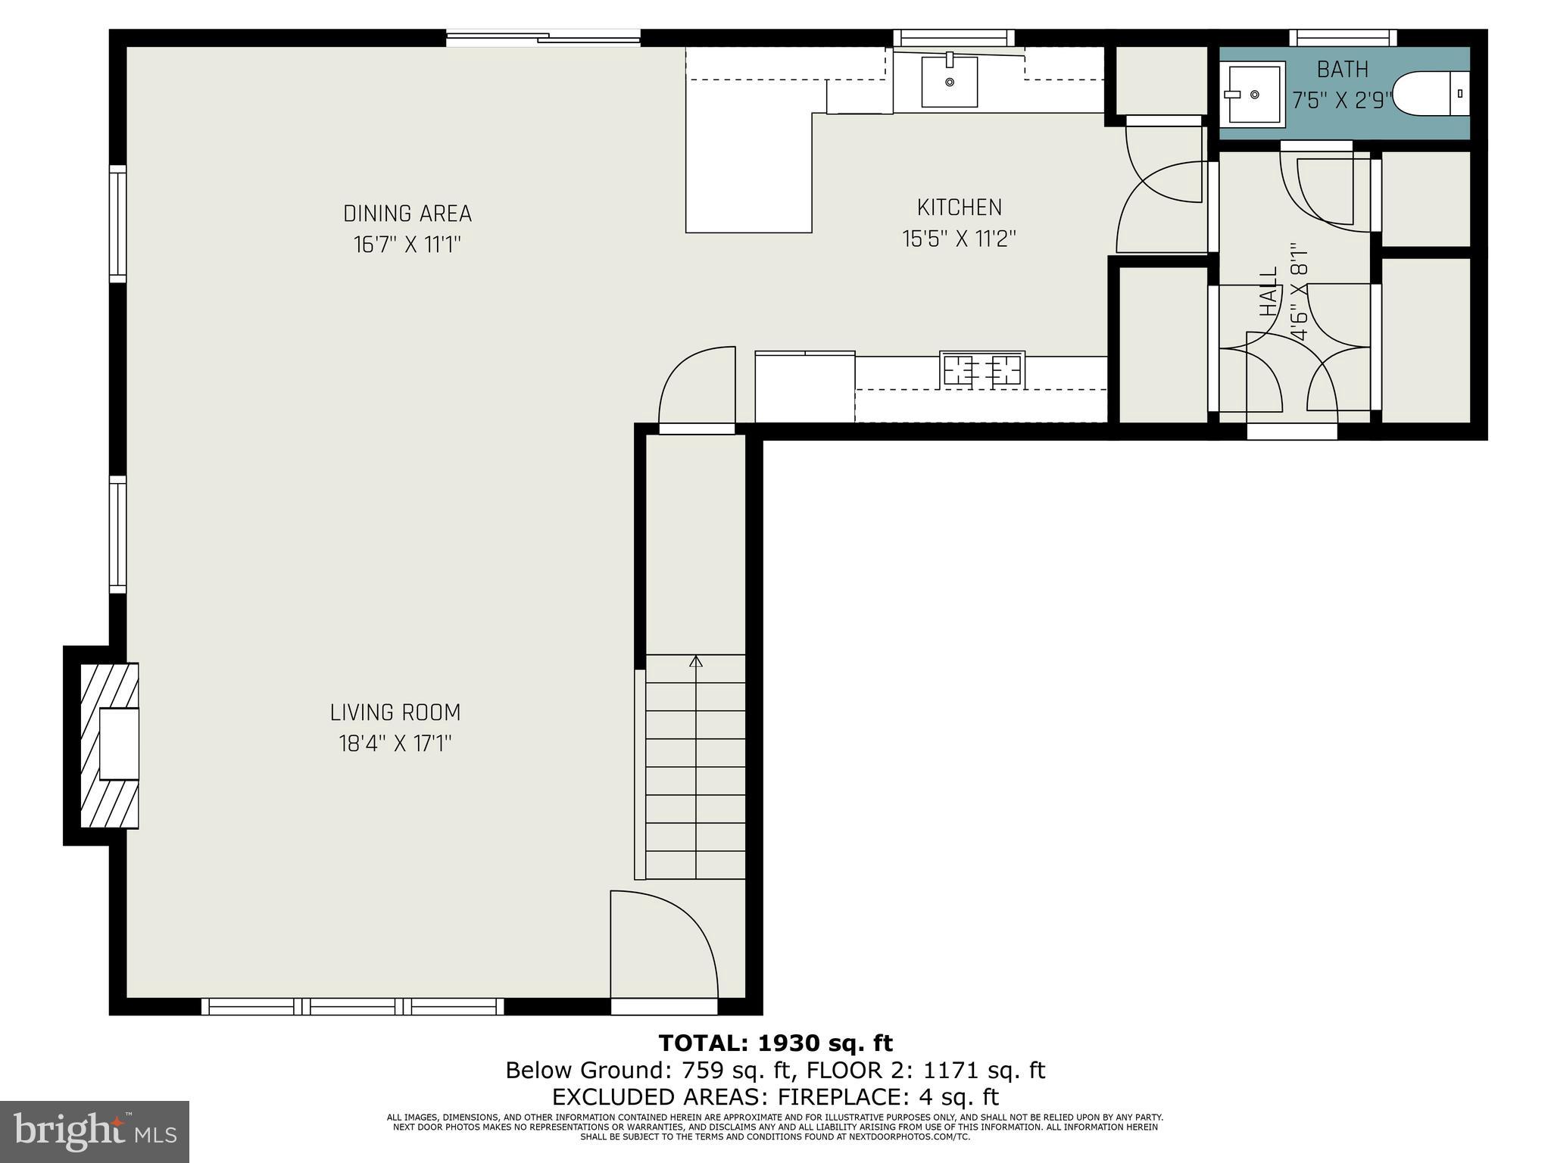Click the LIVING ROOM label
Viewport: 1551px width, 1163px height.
pyautogui.click(x=395, y=712)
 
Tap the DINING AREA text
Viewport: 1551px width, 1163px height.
pyautogui.click(x=407, y=214)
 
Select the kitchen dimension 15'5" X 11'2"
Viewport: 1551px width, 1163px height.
pyautogui.click(x=958, y=239)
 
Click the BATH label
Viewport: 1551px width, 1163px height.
pyautogui.click(x=1342, y=70)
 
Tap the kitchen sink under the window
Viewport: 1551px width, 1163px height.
pyautogui.click(x=949, y=81)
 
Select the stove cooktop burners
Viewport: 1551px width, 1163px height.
pyautogui.click(x=982, y=369)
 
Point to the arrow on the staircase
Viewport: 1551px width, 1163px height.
pyautogui.click(x=696, y=662)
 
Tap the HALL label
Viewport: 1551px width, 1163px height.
pyautogui.click(x=1268, y=292)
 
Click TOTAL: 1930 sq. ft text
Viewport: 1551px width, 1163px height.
pyautogui.click(x=775, y=1043)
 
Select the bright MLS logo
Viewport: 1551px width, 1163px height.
pyautogui.click(x=94, y=1131)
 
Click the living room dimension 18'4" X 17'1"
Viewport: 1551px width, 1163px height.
pyautogui.click(x=395, y=744)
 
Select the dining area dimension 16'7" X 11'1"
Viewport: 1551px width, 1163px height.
pyautogui.click(x=407, y=245)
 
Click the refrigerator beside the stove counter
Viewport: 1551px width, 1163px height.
pyautogui.click(x=804, y=387)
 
